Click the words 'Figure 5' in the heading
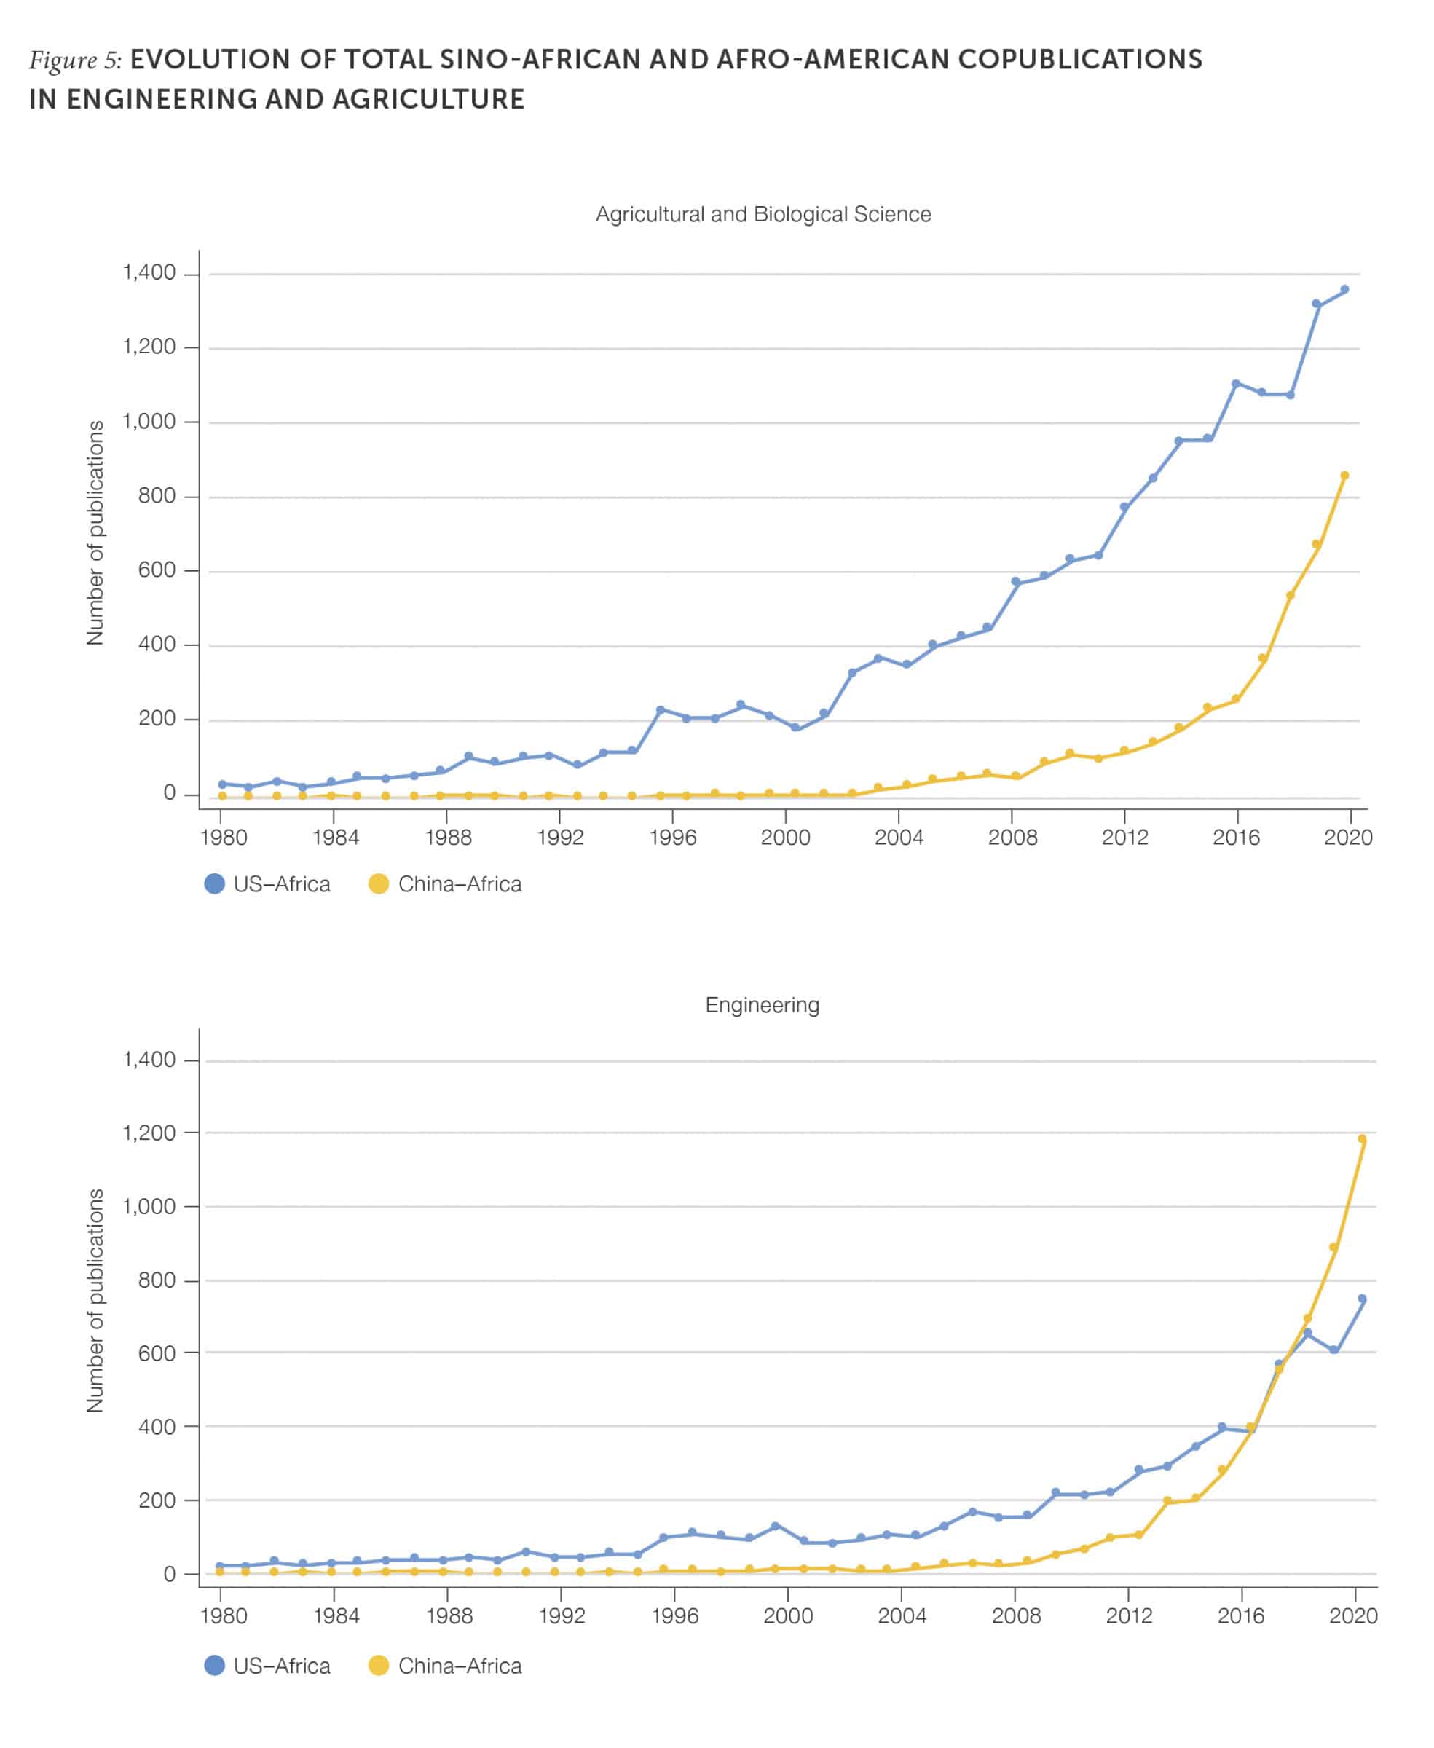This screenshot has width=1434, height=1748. point(74,60)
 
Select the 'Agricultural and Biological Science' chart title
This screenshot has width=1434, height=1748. point(763,215)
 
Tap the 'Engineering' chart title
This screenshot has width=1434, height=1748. point(762,1005)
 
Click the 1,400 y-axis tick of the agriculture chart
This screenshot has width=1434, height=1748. point(149,272)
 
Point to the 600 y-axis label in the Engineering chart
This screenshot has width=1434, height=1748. point(157,1353)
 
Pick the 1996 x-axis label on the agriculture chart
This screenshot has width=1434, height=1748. point(672,838)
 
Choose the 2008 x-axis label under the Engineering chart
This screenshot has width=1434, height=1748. point(1015,1616)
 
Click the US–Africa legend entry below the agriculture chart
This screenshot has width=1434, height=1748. point(267,884)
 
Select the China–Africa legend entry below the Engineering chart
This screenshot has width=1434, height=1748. point(444,1666)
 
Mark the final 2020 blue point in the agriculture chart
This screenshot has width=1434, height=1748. point(1344,290)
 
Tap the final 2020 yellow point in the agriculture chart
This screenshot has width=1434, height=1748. point(1344,476)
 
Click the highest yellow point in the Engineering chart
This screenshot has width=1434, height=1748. point(1362,1139)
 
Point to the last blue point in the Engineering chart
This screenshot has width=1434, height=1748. point(1362,1299)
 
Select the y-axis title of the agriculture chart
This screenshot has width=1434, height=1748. point(96,533)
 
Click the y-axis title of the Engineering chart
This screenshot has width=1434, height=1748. point(96,1300)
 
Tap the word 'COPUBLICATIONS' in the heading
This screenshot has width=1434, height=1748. point(1079,60)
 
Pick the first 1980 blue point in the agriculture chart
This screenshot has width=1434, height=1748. point(222,784)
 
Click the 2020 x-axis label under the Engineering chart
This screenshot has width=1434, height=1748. point(1352,1616)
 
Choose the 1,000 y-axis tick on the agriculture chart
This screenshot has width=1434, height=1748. point(149,422)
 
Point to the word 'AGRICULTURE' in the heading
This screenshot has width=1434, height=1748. point(428,99)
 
